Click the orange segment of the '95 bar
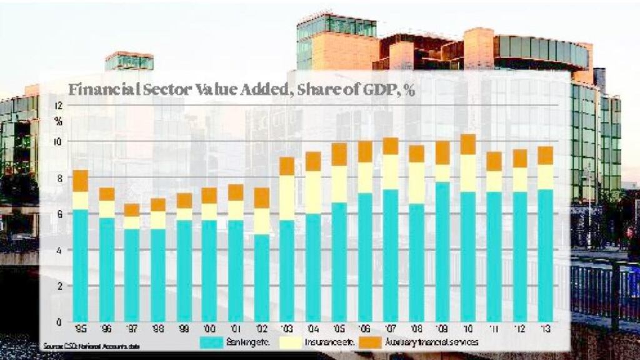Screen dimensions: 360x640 tap(81, 181)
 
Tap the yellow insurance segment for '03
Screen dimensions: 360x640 tap(287, 197)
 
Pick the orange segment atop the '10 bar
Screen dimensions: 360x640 tap(468, 144)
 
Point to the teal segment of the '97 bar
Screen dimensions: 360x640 tap(132, 275)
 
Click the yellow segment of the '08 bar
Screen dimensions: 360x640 tap(416, 183)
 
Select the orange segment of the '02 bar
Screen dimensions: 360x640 tap(261, 197)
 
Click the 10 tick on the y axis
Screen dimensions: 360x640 tap(58, 142)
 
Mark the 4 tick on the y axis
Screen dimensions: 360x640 tap(58, 250)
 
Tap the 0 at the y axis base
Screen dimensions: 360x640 tap(58, 322)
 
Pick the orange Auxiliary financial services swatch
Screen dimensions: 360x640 tap(371, 342)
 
